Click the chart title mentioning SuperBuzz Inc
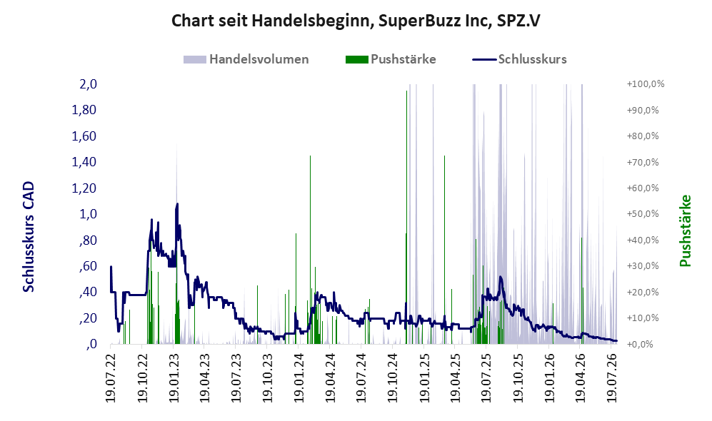(x=356, y=21)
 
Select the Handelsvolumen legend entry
(x=246, y=59)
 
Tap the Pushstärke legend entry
(x=391, y=59)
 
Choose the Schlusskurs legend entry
(x=519, y=59)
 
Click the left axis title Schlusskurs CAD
(x=29, y=237)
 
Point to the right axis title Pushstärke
(x=685, y=231)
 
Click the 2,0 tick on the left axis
(x=88, y=84)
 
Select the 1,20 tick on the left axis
(x=84, y=188)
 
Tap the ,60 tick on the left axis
(x=88, y=266)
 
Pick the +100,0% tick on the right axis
(x=646, y=84)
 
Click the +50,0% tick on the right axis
(x=643, y=213)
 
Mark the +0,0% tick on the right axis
(x=641, y=344)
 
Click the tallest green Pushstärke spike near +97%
(x=407, y=218)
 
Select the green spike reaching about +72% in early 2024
(x=310, y=250)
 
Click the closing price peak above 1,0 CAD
(x=176, y=205)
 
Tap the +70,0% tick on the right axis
(x=643, y=162)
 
